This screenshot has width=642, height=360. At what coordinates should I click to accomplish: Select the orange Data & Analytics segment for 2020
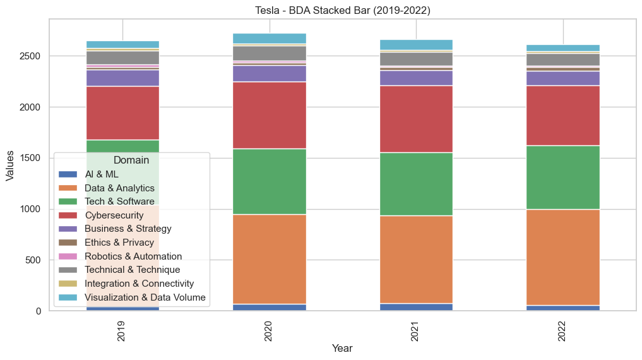(x=270, y=259)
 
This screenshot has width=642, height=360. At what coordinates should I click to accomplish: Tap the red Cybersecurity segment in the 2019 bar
(x=122, y=112)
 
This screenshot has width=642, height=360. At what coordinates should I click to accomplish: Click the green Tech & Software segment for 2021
(x=416, y=184)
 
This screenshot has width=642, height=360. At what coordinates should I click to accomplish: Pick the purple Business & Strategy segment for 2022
(x=563, y=78)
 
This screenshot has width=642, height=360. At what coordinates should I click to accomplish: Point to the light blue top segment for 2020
(x=270, y=38)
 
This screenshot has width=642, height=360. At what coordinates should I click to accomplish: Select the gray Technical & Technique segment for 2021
(x=416, y=59)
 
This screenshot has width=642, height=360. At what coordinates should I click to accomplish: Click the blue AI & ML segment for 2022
(x=563, y=308)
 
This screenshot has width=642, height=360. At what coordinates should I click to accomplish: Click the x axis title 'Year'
(x=342, y=348)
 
